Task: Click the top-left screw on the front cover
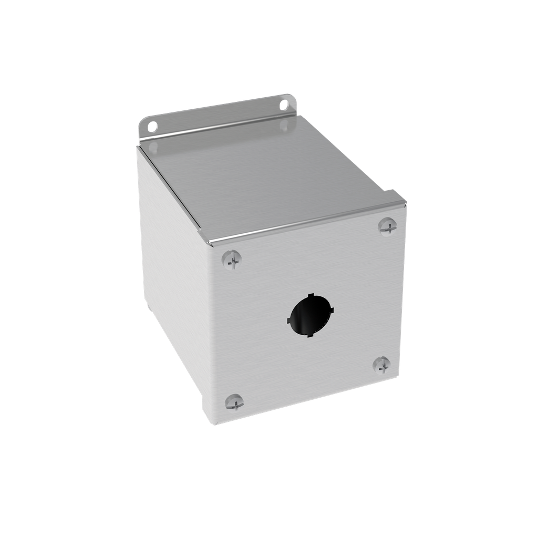pyautogui.click(x=232, y=260)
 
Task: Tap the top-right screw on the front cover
pyautogui.click(x=387, y=226)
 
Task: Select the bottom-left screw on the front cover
pyautogui.click(x=234, y=402)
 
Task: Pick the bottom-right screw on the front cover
pyautogui.click(x=381, y=365)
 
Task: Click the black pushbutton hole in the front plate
pyautogui.click(x=310, y=315)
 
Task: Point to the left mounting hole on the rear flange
pyautogui.click(x=152, y=126)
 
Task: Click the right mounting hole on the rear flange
pyautogui.click(x=284, y=105)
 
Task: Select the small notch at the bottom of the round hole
pyautogui.click(x=311, y=335)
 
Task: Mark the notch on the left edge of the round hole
pyautogui.click(x=289, y=319)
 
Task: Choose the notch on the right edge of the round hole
pyautogui.click(x=332, y=310)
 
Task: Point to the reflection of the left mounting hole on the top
pyautogui.click(x=152, y=149)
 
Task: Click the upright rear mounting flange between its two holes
pyautogui.click(x=218, y=117)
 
